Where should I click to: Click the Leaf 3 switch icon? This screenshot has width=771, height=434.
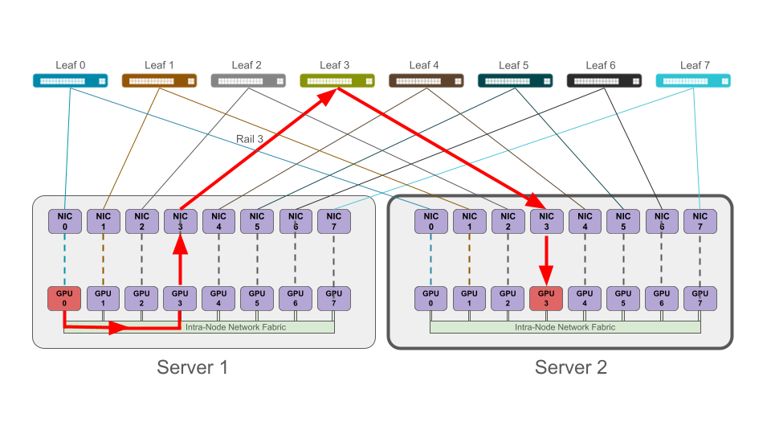point(337,80)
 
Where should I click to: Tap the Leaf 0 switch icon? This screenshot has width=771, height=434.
point(70,80)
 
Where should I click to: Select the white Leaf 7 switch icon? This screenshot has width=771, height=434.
point(693,80)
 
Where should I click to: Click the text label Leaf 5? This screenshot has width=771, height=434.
point(514,65)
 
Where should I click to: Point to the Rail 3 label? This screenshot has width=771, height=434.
point(250,139)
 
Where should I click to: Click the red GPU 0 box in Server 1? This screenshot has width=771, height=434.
point(64,299)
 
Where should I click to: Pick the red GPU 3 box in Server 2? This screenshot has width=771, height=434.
point(546,299)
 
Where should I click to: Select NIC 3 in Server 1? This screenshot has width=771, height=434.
point(180,221)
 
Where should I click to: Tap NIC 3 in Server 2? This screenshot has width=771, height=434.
point(546,221)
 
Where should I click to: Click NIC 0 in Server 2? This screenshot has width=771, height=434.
point(431,221)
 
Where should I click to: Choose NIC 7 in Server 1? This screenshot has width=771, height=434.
point(333,221)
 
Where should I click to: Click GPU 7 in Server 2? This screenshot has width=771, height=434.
point(700,299)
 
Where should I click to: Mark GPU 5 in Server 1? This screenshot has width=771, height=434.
point(257,299)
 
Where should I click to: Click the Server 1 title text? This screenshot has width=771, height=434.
point(193,368)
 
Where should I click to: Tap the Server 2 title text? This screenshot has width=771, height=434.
point(571,368)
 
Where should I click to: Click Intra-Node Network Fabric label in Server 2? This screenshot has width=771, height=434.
point(565,327)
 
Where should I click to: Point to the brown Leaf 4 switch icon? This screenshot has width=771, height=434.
point(426,80)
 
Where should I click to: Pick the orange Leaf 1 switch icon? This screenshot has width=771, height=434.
point(159,80)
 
